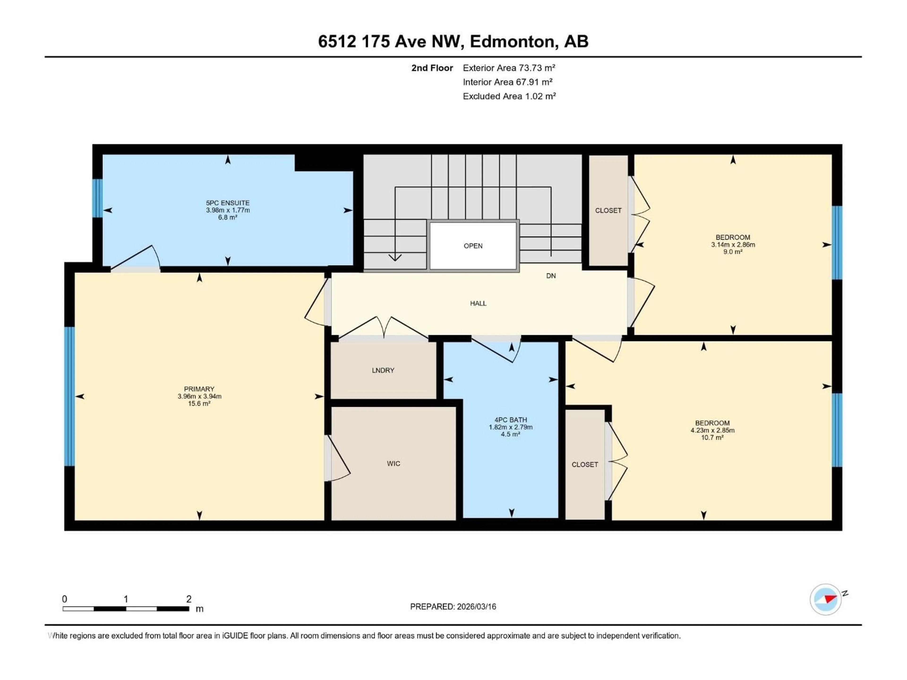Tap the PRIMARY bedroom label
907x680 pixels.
(199, 389)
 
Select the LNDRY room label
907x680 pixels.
(383, 370)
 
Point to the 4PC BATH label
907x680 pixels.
(510, 420)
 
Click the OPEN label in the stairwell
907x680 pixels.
(473, 246)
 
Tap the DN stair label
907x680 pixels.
(551, 276)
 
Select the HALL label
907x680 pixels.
(478, 303)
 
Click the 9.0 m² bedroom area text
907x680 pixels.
(733, 252)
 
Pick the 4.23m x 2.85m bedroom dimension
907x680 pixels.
(712, 430)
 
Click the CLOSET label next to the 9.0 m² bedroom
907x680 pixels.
(608, 210)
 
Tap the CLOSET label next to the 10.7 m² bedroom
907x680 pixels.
(585, 464)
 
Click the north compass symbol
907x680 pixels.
(826, 599)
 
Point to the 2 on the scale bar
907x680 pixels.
(189, 599)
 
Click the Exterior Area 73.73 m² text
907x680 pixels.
(509, 68)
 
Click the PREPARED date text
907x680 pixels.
(453, 607)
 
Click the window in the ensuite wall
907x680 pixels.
(97, 198)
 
